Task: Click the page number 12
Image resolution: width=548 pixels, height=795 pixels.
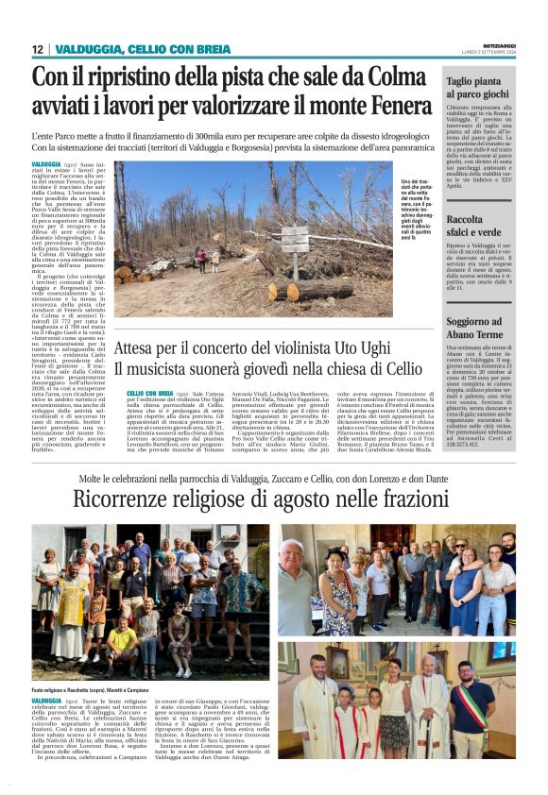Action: (38, 49)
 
